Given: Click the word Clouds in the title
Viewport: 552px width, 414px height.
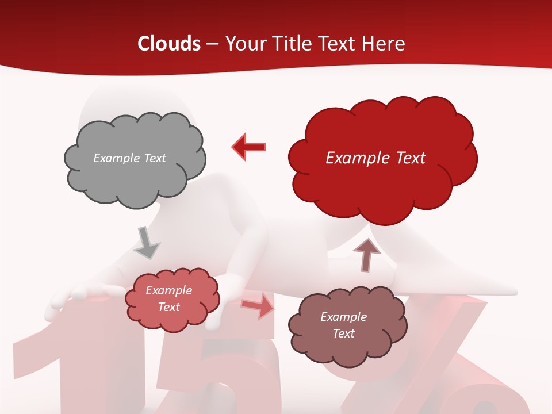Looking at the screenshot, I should pos(169,44).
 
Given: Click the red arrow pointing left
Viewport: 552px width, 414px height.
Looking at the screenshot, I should pos(249,147).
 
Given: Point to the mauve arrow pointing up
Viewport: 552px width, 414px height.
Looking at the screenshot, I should pos(367,254).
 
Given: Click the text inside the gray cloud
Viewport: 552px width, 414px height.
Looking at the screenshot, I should pos(129,158).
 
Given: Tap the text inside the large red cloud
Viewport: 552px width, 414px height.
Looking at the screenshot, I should pos(375,158).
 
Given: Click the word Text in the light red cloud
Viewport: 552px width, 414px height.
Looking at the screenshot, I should pos(168,307).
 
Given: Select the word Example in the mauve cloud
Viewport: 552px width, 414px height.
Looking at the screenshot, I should pos(343,317).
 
